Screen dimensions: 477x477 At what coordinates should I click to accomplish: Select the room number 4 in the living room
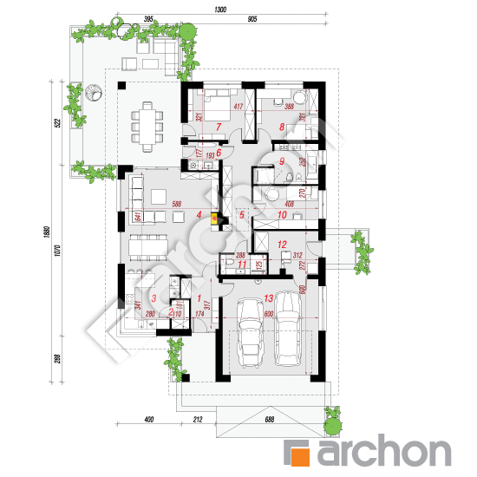click(x=199, y=216)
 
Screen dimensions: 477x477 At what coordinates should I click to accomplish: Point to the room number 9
click(x=282, y=161)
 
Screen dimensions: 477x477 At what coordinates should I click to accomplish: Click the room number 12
click(x=282, y=245)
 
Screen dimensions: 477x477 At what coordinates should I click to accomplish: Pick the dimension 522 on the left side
click(x=56, y=123)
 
